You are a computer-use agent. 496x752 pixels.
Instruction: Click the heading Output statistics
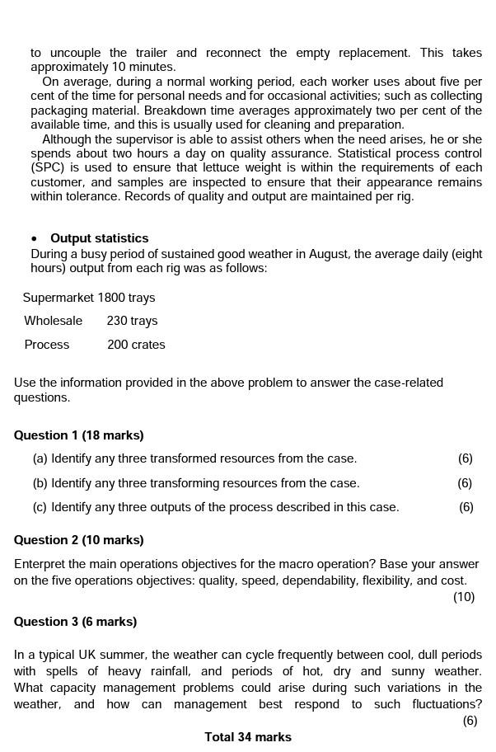point(100,238)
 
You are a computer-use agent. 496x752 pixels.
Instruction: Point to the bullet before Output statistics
point(34,239)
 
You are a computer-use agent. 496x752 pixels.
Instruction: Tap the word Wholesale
point(54,321)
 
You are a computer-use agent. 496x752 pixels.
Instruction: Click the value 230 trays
point(132,321)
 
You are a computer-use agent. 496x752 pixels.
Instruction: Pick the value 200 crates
point(136,345)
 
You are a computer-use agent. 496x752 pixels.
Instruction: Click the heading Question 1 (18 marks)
point(79,435)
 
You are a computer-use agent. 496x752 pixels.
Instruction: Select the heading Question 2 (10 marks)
point(79,540)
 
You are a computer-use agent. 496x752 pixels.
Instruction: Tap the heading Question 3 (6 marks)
point(76,622)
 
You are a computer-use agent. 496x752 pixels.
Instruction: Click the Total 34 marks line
point(248,737)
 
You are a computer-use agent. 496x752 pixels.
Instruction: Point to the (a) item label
point(40,458)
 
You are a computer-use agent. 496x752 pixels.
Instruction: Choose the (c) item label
point(40,507)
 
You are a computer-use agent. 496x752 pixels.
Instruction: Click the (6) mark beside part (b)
point(465,483)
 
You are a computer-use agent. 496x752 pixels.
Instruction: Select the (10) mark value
point(464,597)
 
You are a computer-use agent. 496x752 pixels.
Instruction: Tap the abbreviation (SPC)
point(47,167)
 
